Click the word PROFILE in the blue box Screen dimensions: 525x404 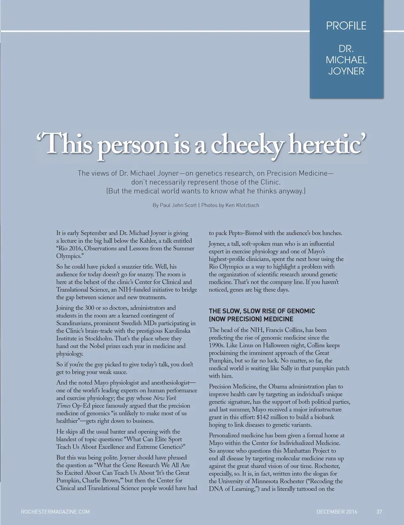pyautogui.click(x=346, y=26)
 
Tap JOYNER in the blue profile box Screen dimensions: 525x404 pyautogui.click(x=346, y=71)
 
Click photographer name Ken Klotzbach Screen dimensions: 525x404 pyautogui.click(x=242, y=205)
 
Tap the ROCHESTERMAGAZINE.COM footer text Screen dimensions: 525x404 pyautogui.click(x=55, y=512)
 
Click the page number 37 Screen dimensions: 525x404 pyautogui.click(x=379, y=512)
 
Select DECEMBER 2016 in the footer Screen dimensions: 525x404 pyautogui.click(x=337, y=512)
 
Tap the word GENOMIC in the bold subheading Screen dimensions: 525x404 pyautogui.click(x=300, y=311)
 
